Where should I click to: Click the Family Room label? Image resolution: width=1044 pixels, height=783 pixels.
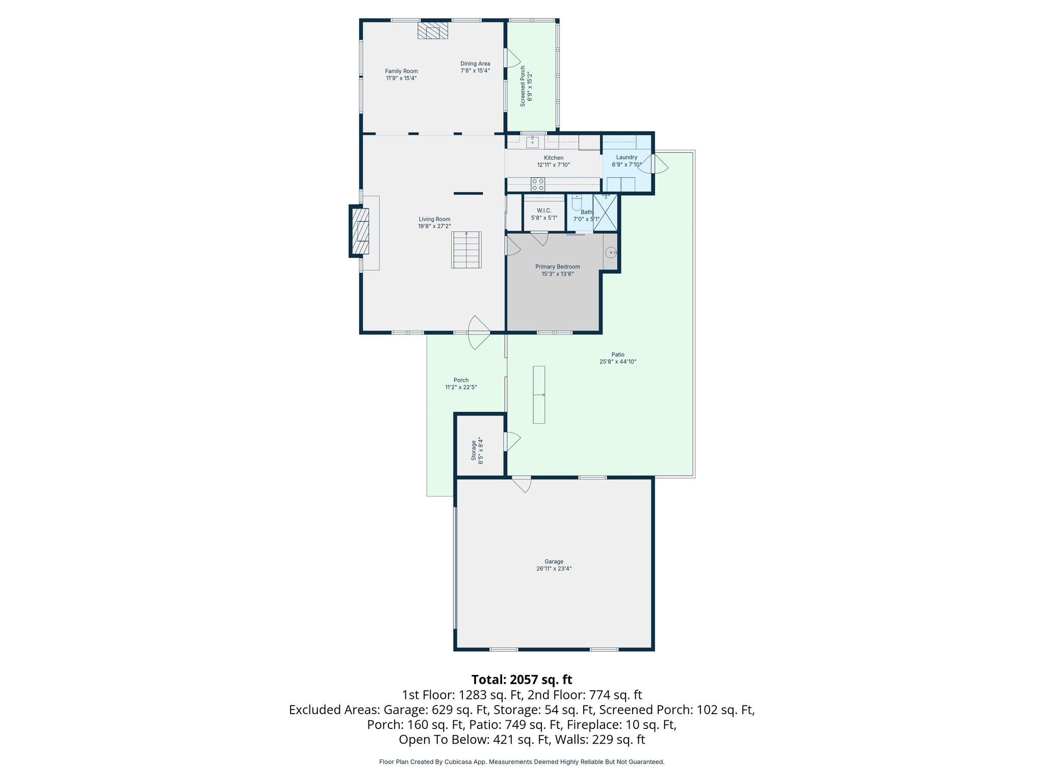(x=401, y=71)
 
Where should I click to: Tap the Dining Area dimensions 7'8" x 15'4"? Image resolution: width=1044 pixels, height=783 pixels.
(x=475, y=71)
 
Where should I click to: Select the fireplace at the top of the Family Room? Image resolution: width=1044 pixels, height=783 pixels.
(x=433, y=31)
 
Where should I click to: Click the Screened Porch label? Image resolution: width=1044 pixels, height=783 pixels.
(x=523, y=86)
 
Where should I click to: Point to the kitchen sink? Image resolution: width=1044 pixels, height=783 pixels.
(x=532, y=141)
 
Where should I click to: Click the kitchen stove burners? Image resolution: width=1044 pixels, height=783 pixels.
(x=538, y=184)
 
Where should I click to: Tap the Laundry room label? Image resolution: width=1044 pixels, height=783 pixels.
(x=627, y=158)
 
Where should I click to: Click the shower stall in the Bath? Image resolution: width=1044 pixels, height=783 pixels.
(x=606, y=213)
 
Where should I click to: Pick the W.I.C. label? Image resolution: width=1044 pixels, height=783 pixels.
(x=544, y=211)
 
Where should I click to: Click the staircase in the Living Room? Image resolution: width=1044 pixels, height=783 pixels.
(x=466, y=250)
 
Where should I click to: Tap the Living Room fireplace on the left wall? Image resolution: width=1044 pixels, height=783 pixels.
(x=360, y=231)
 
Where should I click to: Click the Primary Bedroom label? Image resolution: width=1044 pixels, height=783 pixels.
(x=558, y=267)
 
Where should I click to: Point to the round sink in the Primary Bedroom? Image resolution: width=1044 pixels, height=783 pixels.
(x=610, y=252)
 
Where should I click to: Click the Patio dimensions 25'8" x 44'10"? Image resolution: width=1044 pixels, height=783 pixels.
(x=618, y=362)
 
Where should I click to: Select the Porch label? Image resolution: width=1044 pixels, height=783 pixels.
(x=461, y=380)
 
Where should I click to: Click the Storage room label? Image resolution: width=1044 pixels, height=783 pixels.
(x=474, y=451)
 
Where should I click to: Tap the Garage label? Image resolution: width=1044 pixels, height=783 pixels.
(x=554, y=562)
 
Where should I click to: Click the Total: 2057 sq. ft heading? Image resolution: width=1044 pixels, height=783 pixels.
(x=521, y=680)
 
